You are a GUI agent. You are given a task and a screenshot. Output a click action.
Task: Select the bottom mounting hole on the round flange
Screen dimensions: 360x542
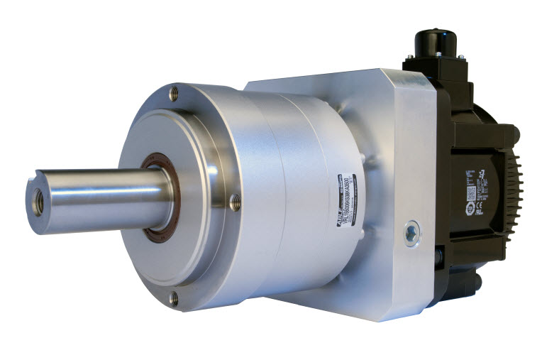click(x=174, y=299)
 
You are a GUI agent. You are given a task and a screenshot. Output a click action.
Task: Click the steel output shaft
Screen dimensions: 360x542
click(x=99, y=198)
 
